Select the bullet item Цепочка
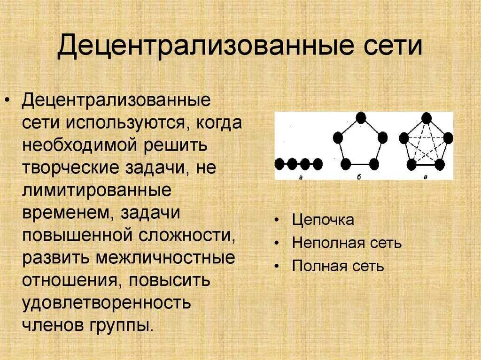pyautogui.click(x=323, y=220)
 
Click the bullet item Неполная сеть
pyautogui.click(x=347, y=243)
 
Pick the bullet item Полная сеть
pyautogui.click(x=338, y=266)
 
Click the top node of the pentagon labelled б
pyautogui.click(x=361, y=117)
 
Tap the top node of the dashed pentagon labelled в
pyautogui.click(x=427, y=117)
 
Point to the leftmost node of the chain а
pyautogui.click(x=280, y=164)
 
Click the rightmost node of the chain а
pyautogui.click(x=318, y=164)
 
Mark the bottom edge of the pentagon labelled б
pyautogui.click(x=360, y=165)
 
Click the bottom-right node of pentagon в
pyautogui.click(x=440, y=164)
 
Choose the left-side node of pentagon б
pyautogui.click(x=339, y=138)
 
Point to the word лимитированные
pyautogui.click(x=96, y=191)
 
